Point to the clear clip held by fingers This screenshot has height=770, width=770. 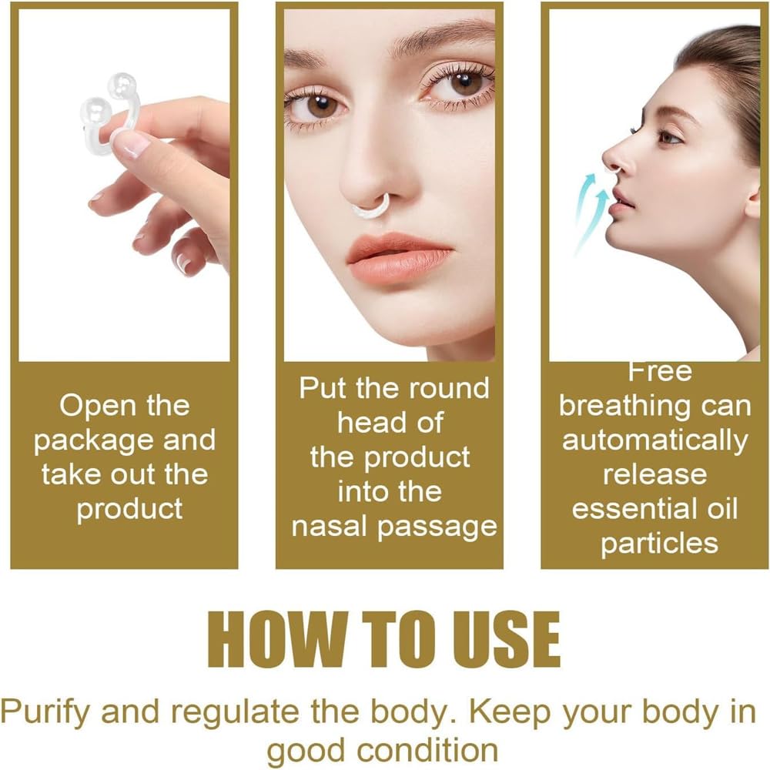(x=108, y=112)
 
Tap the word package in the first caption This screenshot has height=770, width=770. (x=95, y=440)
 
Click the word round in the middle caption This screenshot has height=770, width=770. (x=444, y=387)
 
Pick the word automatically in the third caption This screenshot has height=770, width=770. (x=654, y=440)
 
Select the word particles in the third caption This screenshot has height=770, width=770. (x=659, y=543)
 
